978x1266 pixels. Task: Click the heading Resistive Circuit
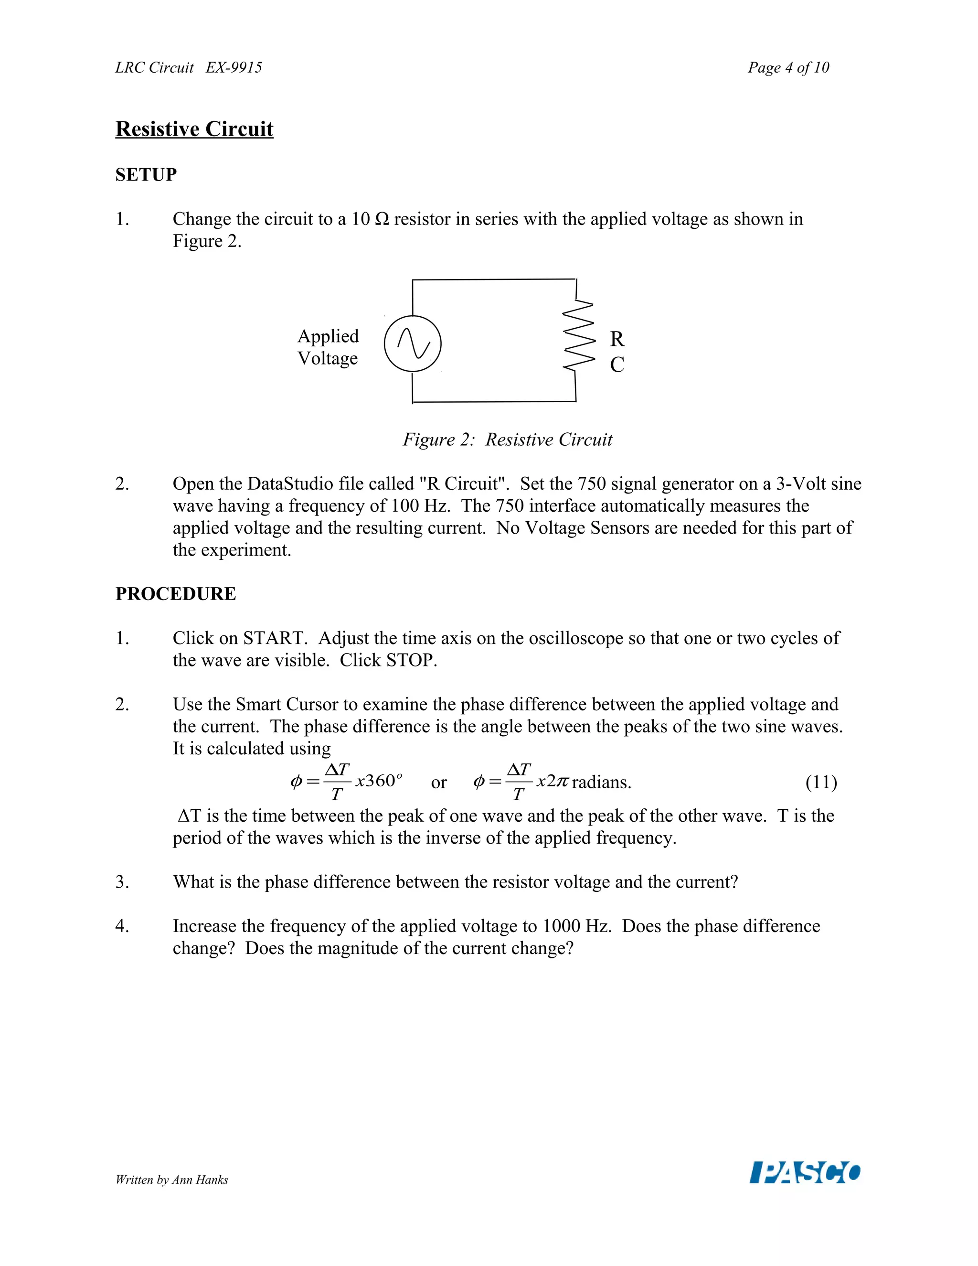coord(194,129)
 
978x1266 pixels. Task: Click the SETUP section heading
coord(146,174)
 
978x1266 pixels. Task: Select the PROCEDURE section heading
coord(176,593)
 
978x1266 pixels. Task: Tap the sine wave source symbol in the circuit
coord(413,344)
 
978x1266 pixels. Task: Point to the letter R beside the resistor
coord(617,339)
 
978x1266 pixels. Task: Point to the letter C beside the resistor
coord(617,365)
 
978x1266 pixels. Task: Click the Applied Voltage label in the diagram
coord(328,347)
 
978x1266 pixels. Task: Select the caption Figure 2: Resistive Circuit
coord(508,440)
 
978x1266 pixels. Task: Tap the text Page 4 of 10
coord(788,68)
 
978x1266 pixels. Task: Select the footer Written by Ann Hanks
coord(171,1180)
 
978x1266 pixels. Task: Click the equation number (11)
coord(821,783)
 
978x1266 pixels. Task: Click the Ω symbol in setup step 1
coord(382,219)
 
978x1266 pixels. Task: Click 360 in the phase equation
coord(380,781)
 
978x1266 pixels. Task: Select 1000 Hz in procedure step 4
coord(576,926)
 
